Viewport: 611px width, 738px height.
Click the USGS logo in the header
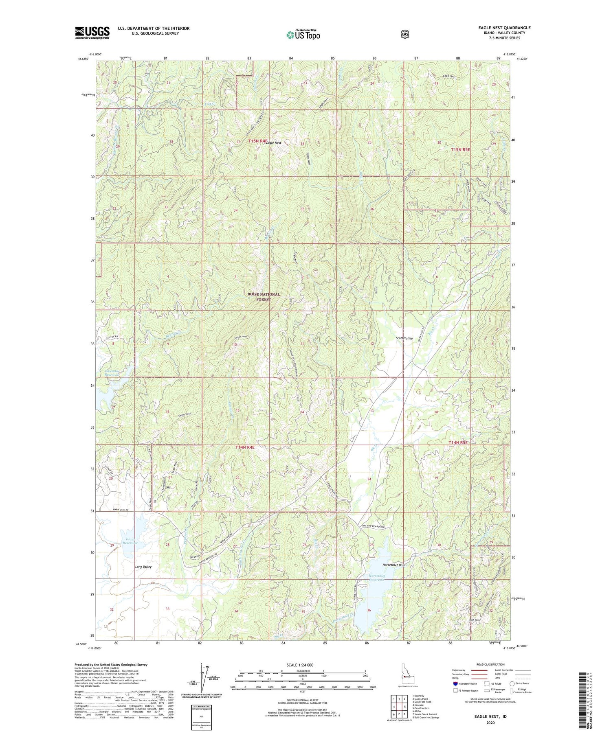(92, 33)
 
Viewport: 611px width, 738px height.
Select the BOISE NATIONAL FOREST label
(264, 297)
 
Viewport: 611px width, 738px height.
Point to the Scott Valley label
(404, 338)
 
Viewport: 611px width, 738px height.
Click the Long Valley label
(143, 567)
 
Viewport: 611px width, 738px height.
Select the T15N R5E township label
(460, 149)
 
